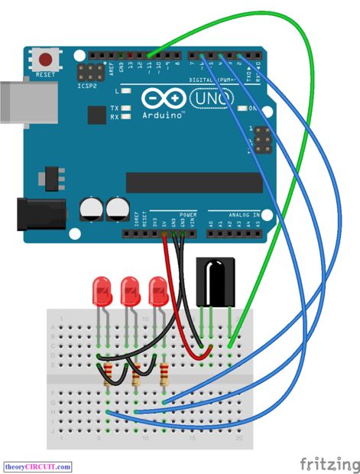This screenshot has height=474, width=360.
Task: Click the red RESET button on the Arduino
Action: tap(47, 58)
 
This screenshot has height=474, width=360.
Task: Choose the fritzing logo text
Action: tap(327, 463)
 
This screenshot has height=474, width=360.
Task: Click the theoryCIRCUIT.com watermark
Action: tap(38, 466)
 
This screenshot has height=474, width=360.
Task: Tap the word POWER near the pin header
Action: tap(188, 216)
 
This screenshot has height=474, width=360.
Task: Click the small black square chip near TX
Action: tap(96, 115)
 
